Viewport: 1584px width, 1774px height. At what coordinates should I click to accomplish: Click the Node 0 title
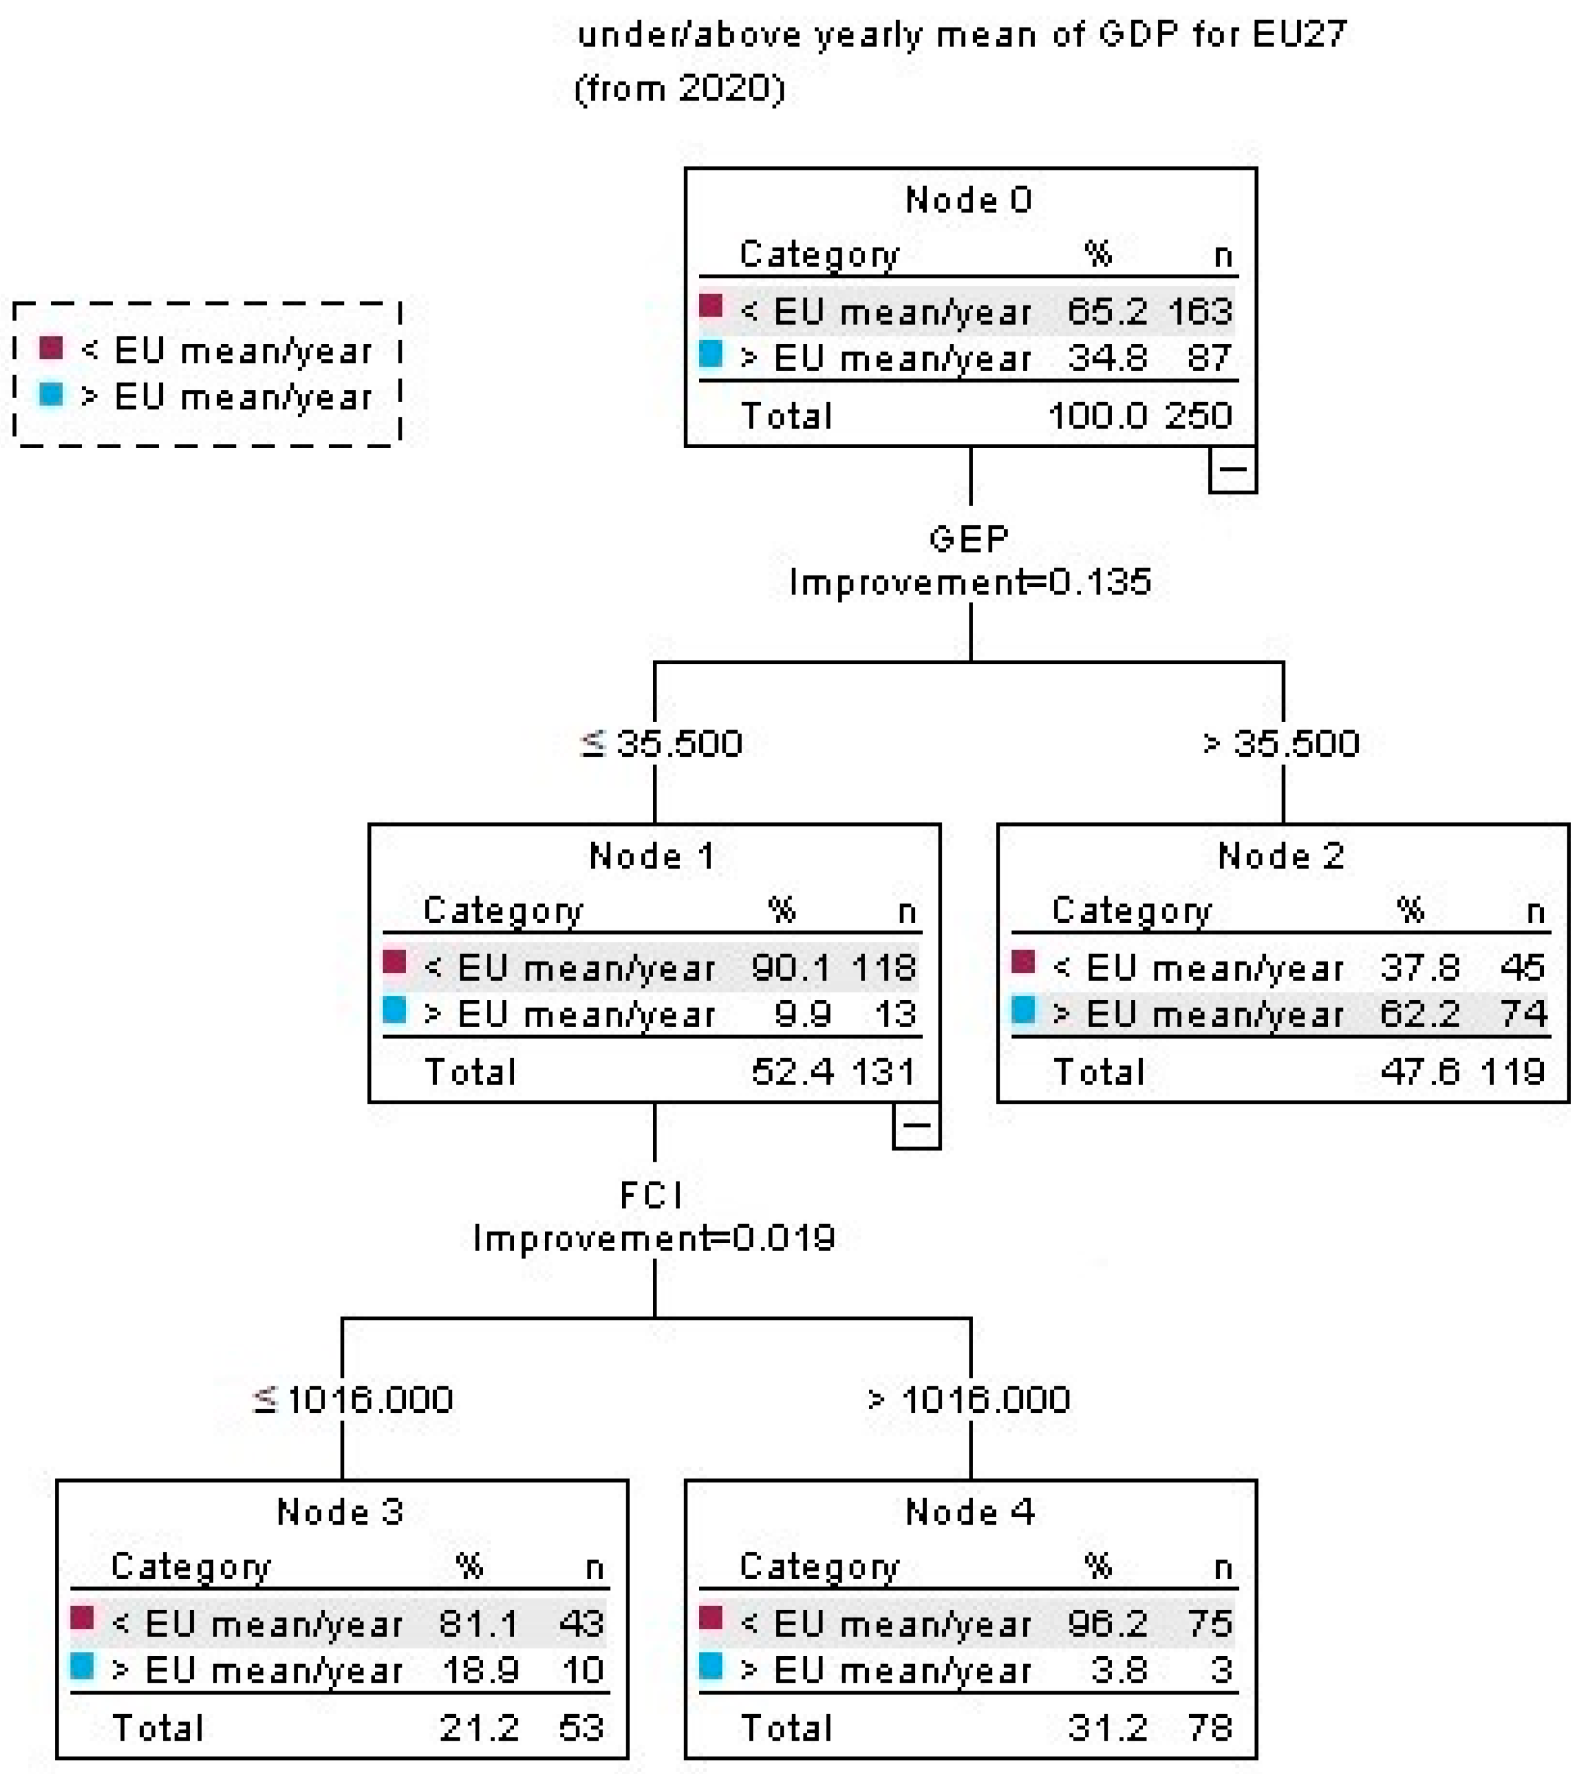tap(969, 200)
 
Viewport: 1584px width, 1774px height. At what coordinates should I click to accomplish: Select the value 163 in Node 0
tap(1200, 310)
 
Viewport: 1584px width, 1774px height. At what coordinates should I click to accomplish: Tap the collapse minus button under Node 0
tap(1232, 469)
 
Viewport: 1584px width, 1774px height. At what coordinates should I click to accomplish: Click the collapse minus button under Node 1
tap(916, 1125)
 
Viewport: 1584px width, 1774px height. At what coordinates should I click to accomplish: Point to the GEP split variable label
tap(969, 539)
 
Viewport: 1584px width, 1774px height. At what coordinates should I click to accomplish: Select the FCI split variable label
tap(653, 1195)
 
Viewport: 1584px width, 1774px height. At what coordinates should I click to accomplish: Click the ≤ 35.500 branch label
tap(661, 744)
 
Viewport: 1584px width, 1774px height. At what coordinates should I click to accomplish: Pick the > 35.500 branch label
tap(1280, 744)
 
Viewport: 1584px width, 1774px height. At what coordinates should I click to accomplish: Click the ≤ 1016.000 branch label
tap(352, 1401)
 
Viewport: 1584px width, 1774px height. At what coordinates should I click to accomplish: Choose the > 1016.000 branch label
tap(969, 1401)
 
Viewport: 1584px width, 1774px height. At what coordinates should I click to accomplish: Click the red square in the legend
tap(51, 349)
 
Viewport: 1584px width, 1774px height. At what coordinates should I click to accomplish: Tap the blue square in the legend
tap(51, 395)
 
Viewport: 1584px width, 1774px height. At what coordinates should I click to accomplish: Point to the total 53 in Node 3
tap(581, 1728)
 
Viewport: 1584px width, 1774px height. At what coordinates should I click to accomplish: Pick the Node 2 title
tap(1281, 857)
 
